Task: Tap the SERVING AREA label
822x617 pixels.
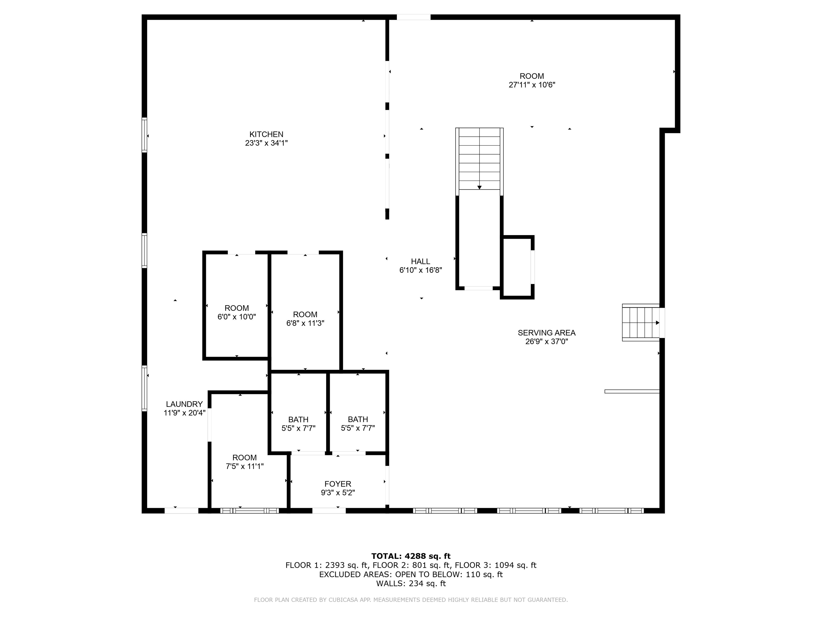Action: pos(547,333)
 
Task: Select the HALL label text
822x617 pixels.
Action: pos(420,261)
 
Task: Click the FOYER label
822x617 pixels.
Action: pos(338,484)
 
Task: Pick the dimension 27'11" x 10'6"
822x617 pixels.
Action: pos(532,85)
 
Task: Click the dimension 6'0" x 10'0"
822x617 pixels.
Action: pos(237,317)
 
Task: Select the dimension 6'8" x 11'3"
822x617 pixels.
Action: pos(305,323)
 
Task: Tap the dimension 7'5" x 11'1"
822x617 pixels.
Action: pos(245,466)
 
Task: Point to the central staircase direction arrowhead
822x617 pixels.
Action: pos(479,187)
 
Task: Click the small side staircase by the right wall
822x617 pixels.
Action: pos(641,322)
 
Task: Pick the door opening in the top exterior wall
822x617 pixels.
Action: pos(414,17)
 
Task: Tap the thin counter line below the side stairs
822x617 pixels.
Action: pos(632,391)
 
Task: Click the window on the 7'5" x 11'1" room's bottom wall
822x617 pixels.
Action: pos(249,511)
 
